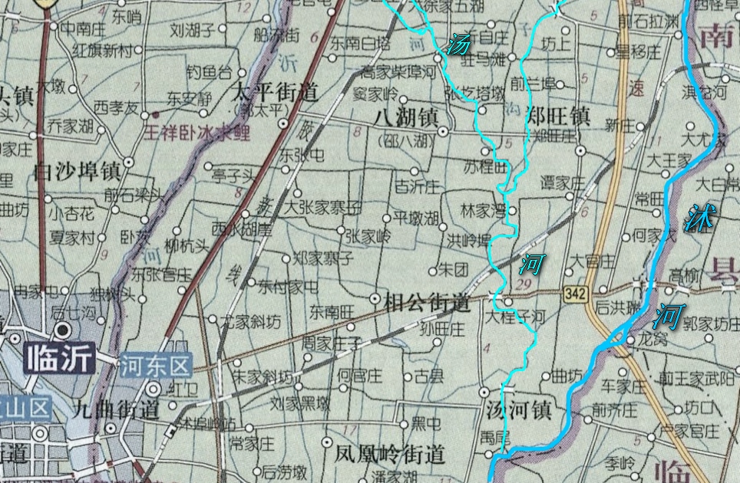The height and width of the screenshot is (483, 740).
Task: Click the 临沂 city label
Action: (x=59, y=358)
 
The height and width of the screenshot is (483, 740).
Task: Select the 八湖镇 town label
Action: (x=407, y=117)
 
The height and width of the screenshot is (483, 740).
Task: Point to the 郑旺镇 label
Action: (x=558, y=117)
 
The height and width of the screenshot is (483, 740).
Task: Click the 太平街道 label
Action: (x=274, y=94)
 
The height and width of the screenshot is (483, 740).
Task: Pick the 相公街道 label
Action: (x=427, y=302)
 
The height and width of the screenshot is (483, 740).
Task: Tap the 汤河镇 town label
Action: (x=520, y=410)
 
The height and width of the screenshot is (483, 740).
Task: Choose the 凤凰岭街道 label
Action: (x=390, y=454)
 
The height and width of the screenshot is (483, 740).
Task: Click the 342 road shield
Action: (x=575, y=294)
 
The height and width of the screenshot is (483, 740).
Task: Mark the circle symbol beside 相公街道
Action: (x=375, y=298)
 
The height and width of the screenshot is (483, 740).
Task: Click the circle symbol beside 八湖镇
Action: (x=443, y=132)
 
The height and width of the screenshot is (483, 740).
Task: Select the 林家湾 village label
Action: (x=482, y=209)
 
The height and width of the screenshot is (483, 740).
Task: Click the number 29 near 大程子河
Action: (x=526, y=284)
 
